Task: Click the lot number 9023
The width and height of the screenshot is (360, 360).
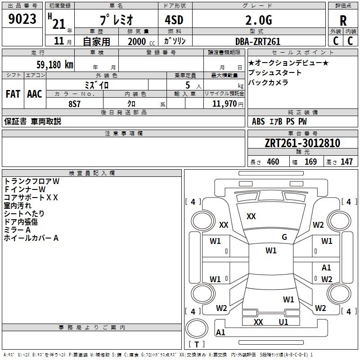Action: coord(22,19)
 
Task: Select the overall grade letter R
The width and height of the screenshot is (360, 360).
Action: coord(343,21)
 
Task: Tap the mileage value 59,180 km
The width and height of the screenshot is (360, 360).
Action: coord(55,65)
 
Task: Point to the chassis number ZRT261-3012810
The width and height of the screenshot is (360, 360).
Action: coord(302,143)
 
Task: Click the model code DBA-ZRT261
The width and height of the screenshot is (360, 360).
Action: coord(258,41)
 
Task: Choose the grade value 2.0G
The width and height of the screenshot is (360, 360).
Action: coord(259,20)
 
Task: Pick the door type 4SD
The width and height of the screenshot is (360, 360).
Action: coord(174,20)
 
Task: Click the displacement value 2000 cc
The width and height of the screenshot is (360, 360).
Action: coord(141,41)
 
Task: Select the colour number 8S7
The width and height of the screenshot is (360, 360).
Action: coord(75,104)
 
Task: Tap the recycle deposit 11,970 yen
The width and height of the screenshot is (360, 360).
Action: coord(228,104)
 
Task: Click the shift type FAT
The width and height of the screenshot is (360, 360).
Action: coord(13,94)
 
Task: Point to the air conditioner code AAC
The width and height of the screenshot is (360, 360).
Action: coord(35,94)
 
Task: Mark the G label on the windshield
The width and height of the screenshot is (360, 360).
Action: coord(284,237)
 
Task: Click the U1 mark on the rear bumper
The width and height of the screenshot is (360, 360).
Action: coord(283,322)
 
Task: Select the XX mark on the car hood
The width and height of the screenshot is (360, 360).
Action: coord(251,216)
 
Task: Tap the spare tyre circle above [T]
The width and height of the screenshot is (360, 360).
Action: coord(197,328)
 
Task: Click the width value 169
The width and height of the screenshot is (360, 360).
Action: coord(310,162)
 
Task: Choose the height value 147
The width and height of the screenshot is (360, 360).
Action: coord(346,162)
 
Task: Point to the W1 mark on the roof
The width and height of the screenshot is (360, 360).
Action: coord(271,251)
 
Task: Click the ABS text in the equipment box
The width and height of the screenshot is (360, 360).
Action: coord(258,121)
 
